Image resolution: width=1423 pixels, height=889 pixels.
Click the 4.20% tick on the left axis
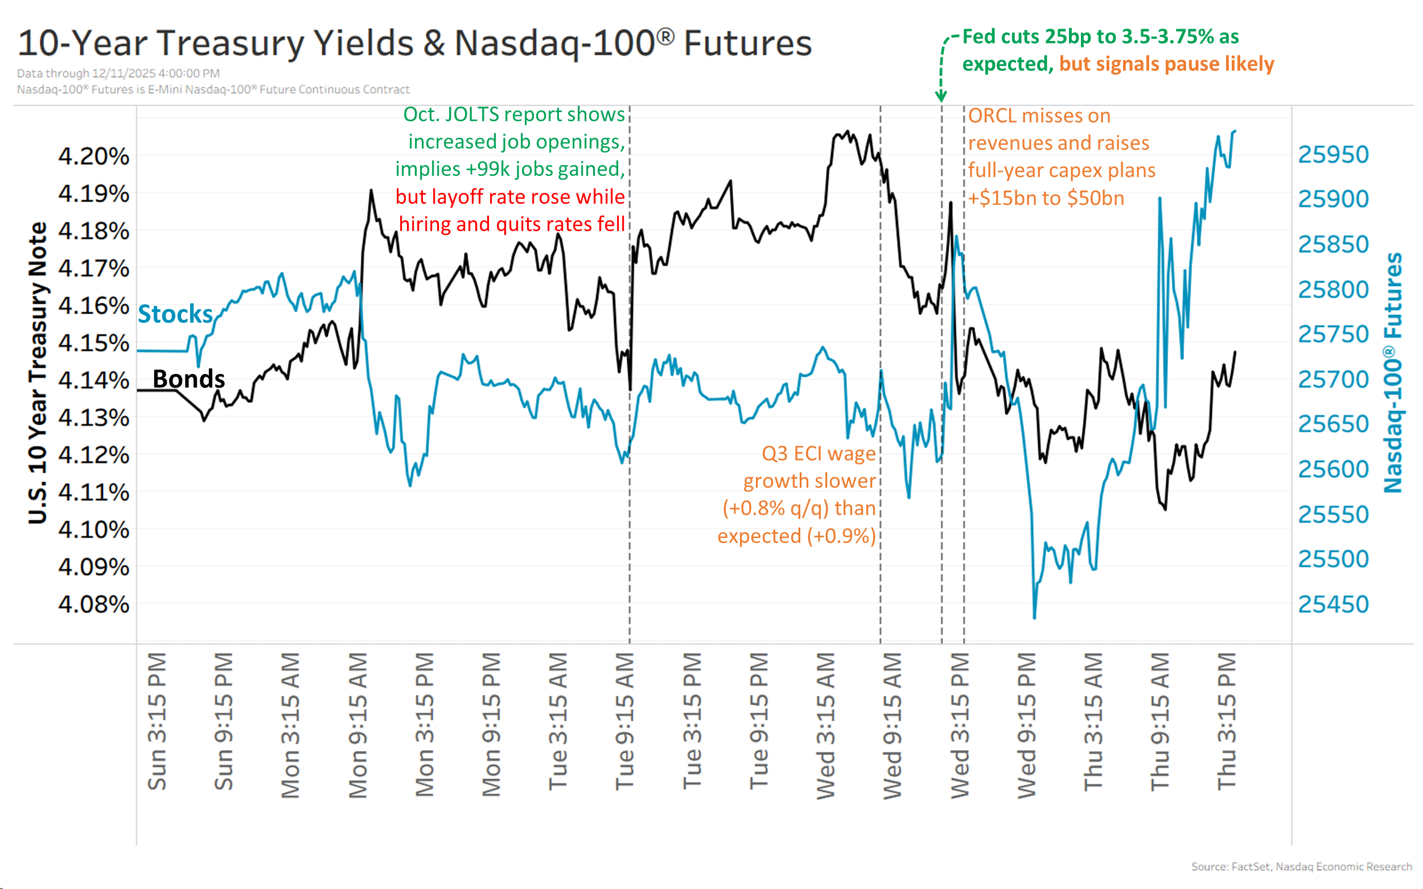click(93, 157)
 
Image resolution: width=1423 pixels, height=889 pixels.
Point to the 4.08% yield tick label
click(93, 604)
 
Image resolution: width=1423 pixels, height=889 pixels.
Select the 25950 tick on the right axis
click(1333, 155)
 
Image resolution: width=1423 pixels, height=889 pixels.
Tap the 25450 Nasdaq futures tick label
click(1333, 604)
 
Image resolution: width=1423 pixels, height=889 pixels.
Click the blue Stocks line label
click(175, 314)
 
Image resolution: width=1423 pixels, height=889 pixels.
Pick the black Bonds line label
click(188, 379)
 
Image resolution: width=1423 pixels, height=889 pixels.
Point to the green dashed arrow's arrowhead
click(941, 97)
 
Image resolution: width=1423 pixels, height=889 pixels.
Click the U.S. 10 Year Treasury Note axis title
click(38, 373)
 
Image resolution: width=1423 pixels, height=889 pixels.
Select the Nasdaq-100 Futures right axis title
click(1392, 373)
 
